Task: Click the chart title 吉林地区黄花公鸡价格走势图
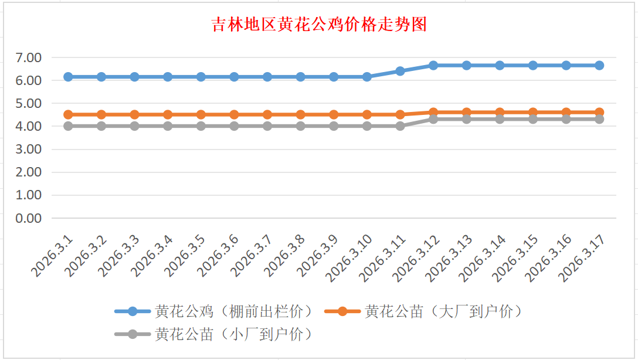click(x=319, y=25)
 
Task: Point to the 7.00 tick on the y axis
click(x=29, y=57)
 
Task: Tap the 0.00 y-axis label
click(x=29, y=218)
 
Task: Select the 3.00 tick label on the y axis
click(x=29, y=149)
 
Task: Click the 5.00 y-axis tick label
click(x=29, y=103)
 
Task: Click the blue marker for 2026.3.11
click(x=400, y=71)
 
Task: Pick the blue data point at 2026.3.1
click(x=68, y=77)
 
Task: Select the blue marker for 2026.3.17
click(x=599, y=65)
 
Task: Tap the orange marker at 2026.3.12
click(x=433, y=112)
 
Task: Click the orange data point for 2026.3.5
click(x=201, y=114)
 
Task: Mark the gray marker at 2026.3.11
click(x=400, y=126)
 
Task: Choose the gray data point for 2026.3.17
click(x=599, y=119)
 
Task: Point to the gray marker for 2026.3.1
click(x=68, y=126)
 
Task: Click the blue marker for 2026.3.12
click(x=433, y=65)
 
